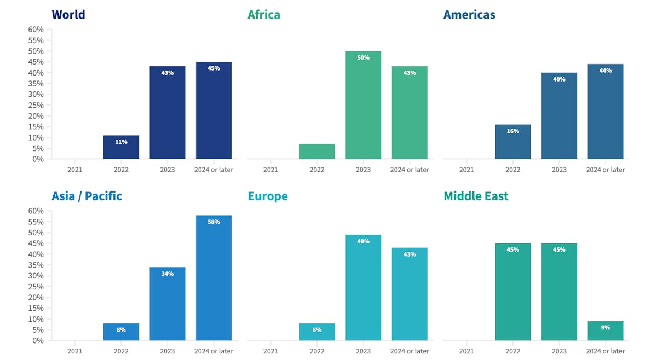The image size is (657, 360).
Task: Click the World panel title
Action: [x=68, y=14]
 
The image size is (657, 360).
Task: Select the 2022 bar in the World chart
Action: [x=121, y=147]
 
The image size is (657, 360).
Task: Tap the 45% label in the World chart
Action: [x=214, y=68]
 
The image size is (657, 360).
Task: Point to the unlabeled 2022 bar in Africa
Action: [x=317, y=152]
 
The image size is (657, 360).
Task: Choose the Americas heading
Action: [x=469, y=14]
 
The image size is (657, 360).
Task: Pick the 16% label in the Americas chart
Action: [x=512, y=131]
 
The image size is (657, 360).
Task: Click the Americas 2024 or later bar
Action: [x=606, y=112]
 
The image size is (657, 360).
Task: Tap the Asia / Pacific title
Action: [x=87, y=196]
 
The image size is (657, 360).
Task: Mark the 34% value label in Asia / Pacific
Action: [x=168, y=274]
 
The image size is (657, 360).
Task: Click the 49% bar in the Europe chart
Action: [x=363, y=288]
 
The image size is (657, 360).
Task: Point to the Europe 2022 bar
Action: [x=317, y=332]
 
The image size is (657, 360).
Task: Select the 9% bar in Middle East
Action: [x=606, y=330]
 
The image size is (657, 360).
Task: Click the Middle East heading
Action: [x=476, y=196]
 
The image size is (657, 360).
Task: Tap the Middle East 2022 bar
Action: [x=512, y=292]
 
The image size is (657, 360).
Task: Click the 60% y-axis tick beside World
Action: [x=36, y=30]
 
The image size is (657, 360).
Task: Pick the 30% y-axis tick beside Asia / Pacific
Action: [x=36, y=276]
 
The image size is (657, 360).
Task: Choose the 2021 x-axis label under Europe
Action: [x=270, y=351]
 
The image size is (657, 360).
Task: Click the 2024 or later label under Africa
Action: [x=410, y=170]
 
